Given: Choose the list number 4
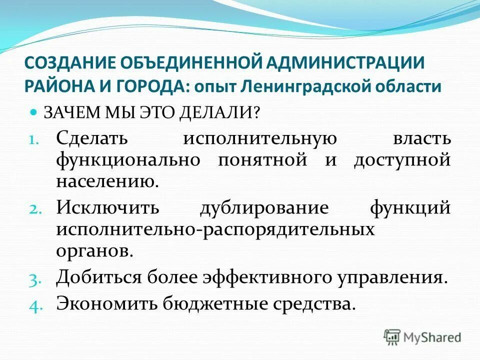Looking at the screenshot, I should [41, 306].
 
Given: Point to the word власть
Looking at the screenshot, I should [422, 137].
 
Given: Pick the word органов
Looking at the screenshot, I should [94, 250].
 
